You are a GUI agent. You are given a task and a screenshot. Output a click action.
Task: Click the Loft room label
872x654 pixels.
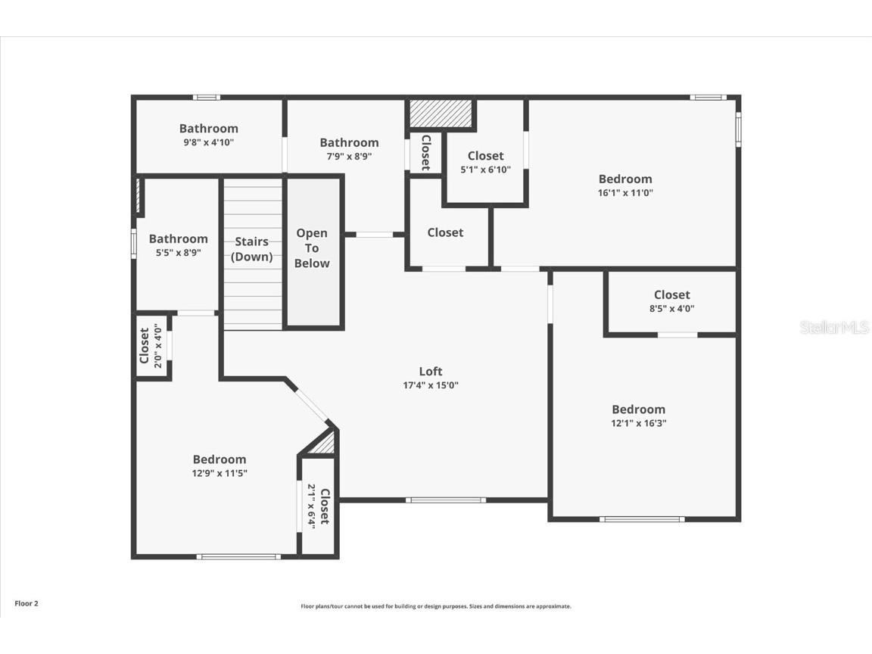431,371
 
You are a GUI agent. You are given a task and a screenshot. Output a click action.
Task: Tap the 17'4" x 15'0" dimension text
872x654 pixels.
431,385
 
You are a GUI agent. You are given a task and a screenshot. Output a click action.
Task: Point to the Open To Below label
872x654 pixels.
313,248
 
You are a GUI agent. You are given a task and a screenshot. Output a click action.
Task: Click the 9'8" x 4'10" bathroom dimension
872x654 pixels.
209,142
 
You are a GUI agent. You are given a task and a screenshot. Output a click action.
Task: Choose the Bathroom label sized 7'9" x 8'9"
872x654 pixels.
349,142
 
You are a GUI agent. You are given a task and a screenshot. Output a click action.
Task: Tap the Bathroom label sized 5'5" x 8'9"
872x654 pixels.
178,238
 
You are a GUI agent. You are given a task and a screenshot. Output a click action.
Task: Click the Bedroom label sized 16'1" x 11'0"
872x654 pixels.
625,179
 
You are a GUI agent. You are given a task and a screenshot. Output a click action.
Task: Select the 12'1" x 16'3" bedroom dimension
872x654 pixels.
639,424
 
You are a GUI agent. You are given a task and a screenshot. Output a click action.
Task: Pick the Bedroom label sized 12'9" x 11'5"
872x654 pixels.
220,459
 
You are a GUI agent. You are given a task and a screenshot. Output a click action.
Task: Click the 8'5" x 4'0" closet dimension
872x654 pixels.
672,309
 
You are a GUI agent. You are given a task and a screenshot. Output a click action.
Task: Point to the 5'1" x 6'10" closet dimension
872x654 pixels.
486,170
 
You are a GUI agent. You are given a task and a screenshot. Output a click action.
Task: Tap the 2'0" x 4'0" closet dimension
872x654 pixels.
158,346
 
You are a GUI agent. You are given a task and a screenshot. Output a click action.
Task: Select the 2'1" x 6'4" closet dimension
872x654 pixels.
311,506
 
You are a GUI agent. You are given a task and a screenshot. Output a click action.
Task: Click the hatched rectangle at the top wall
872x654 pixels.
441,114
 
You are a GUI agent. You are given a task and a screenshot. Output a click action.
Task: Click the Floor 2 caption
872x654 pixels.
26,604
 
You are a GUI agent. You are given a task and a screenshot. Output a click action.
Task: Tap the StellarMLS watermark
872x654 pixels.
834,328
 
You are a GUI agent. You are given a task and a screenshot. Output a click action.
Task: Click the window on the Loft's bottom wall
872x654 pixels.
446,500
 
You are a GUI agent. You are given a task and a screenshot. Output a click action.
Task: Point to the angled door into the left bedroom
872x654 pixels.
311,405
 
